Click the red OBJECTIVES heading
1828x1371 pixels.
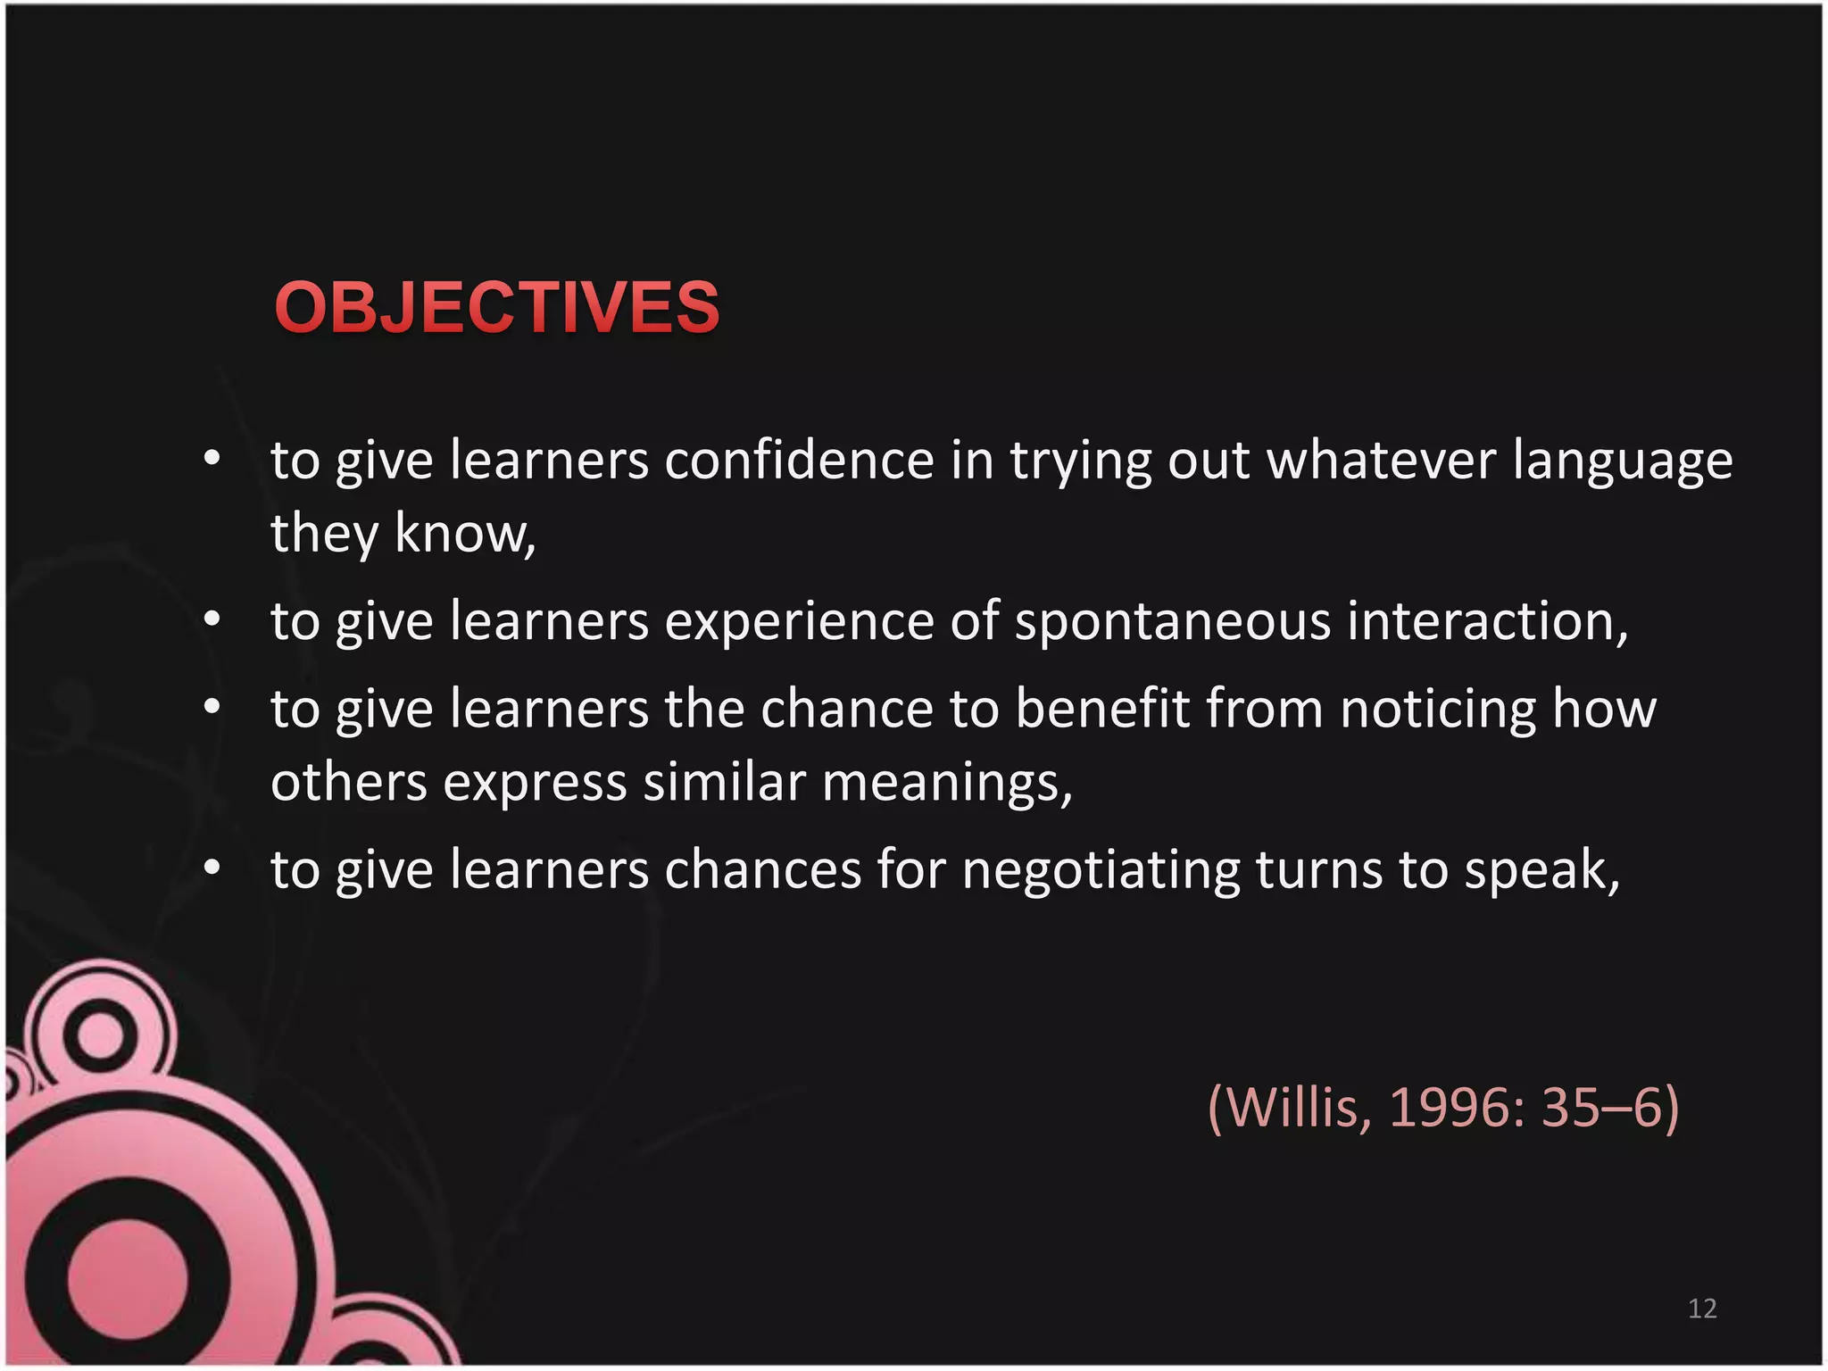(x=496, y=307)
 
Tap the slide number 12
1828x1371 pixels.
(x=1702, y=1309)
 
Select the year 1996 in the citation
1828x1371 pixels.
(x=1455, y=1108)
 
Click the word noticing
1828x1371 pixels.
(x=1438, y=710)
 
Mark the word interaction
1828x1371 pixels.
(x=1486, y=621)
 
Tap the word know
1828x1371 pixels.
(x=464, y=534)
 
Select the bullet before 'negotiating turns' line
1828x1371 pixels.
(x=212, y=868)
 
